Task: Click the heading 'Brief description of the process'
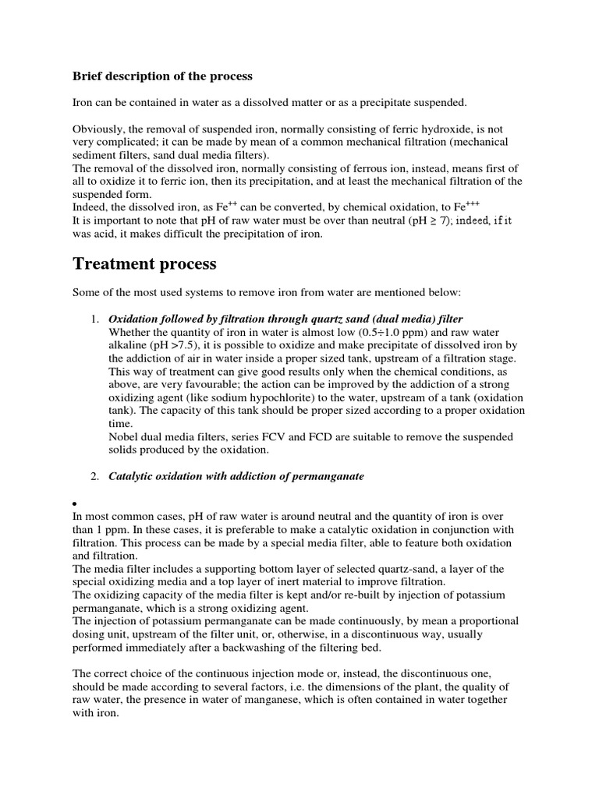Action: [162, 76]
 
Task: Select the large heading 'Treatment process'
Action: [144, 264]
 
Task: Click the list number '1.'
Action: [94, 320]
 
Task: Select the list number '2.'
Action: [94, 476]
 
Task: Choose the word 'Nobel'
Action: [124, 436]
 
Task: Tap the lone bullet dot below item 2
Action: [75, 503]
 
